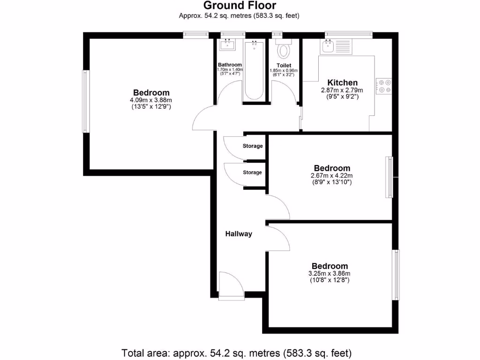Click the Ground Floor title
(240, 6)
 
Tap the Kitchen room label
(342, 82)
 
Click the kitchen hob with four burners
(384, 85)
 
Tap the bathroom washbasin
(228, 45)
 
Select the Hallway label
(239, 234)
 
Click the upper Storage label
(252, 146)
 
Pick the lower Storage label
(252, 172)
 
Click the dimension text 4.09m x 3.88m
(151, 100)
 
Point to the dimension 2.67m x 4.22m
(332, 176)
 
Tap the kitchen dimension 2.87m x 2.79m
(342, 90)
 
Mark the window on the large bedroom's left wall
(85, 101)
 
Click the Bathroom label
(230, 65)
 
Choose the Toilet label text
(284, 65)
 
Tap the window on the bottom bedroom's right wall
(397, 275)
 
